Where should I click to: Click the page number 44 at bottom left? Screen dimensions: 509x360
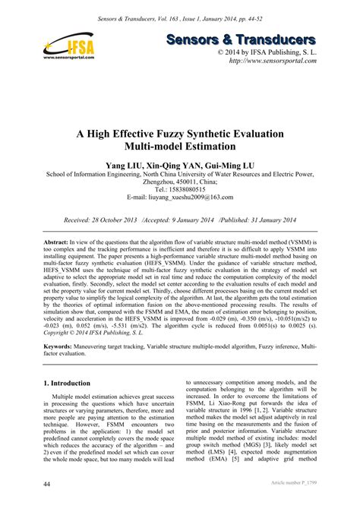click(48, 484)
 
